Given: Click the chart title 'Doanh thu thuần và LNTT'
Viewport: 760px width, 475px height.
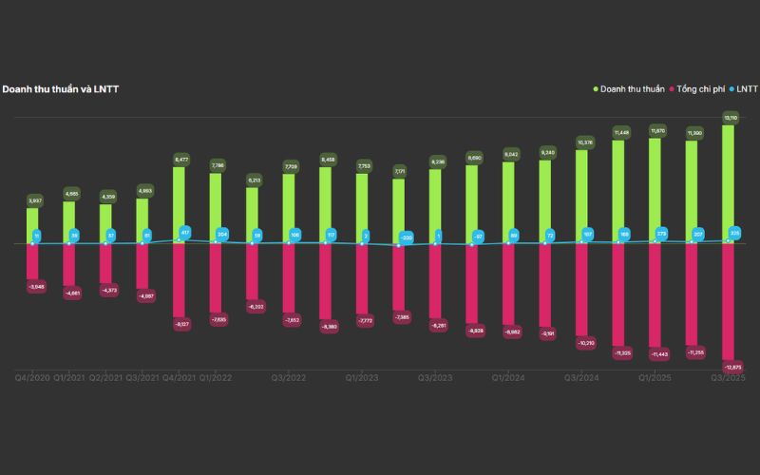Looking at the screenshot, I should coord(60,89).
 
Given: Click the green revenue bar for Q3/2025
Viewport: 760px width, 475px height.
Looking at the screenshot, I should coord(729,183).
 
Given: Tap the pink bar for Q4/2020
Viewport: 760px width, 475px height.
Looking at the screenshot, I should coord(33,261).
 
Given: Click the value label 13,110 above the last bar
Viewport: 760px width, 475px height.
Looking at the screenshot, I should coord(730,118).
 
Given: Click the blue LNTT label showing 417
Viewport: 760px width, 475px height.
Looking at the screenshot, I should coord(184,233).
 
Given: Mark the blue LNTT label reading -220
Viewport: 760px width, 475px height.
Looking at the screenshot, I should coord(406,237).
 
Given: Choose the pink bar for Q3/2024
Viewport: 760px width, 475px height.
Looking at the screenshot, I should coord(582,289).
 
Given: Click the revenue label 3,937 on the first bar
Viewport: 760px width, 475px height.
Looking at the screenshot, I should coord(34,200).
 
